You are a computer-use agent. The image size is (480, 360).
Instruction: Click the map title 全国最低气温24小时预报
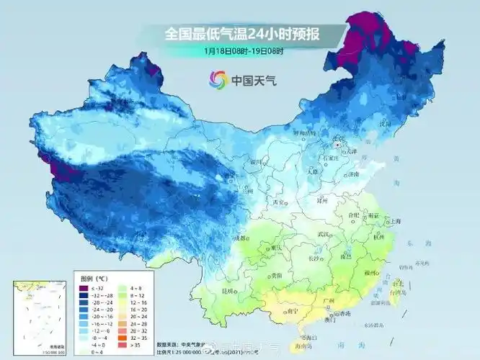coord(243,34)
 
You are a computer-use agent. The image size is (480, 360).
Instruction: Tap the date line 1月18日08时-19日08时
coord(243,51)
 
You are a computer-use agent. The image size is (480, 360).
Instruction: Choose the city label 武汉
coord(325,234)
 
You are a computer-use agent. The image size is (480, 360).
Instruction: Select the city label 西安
coord(278,202)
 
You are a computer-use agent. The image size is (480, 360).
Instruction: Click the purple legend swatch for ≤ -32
coord(84,288)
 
